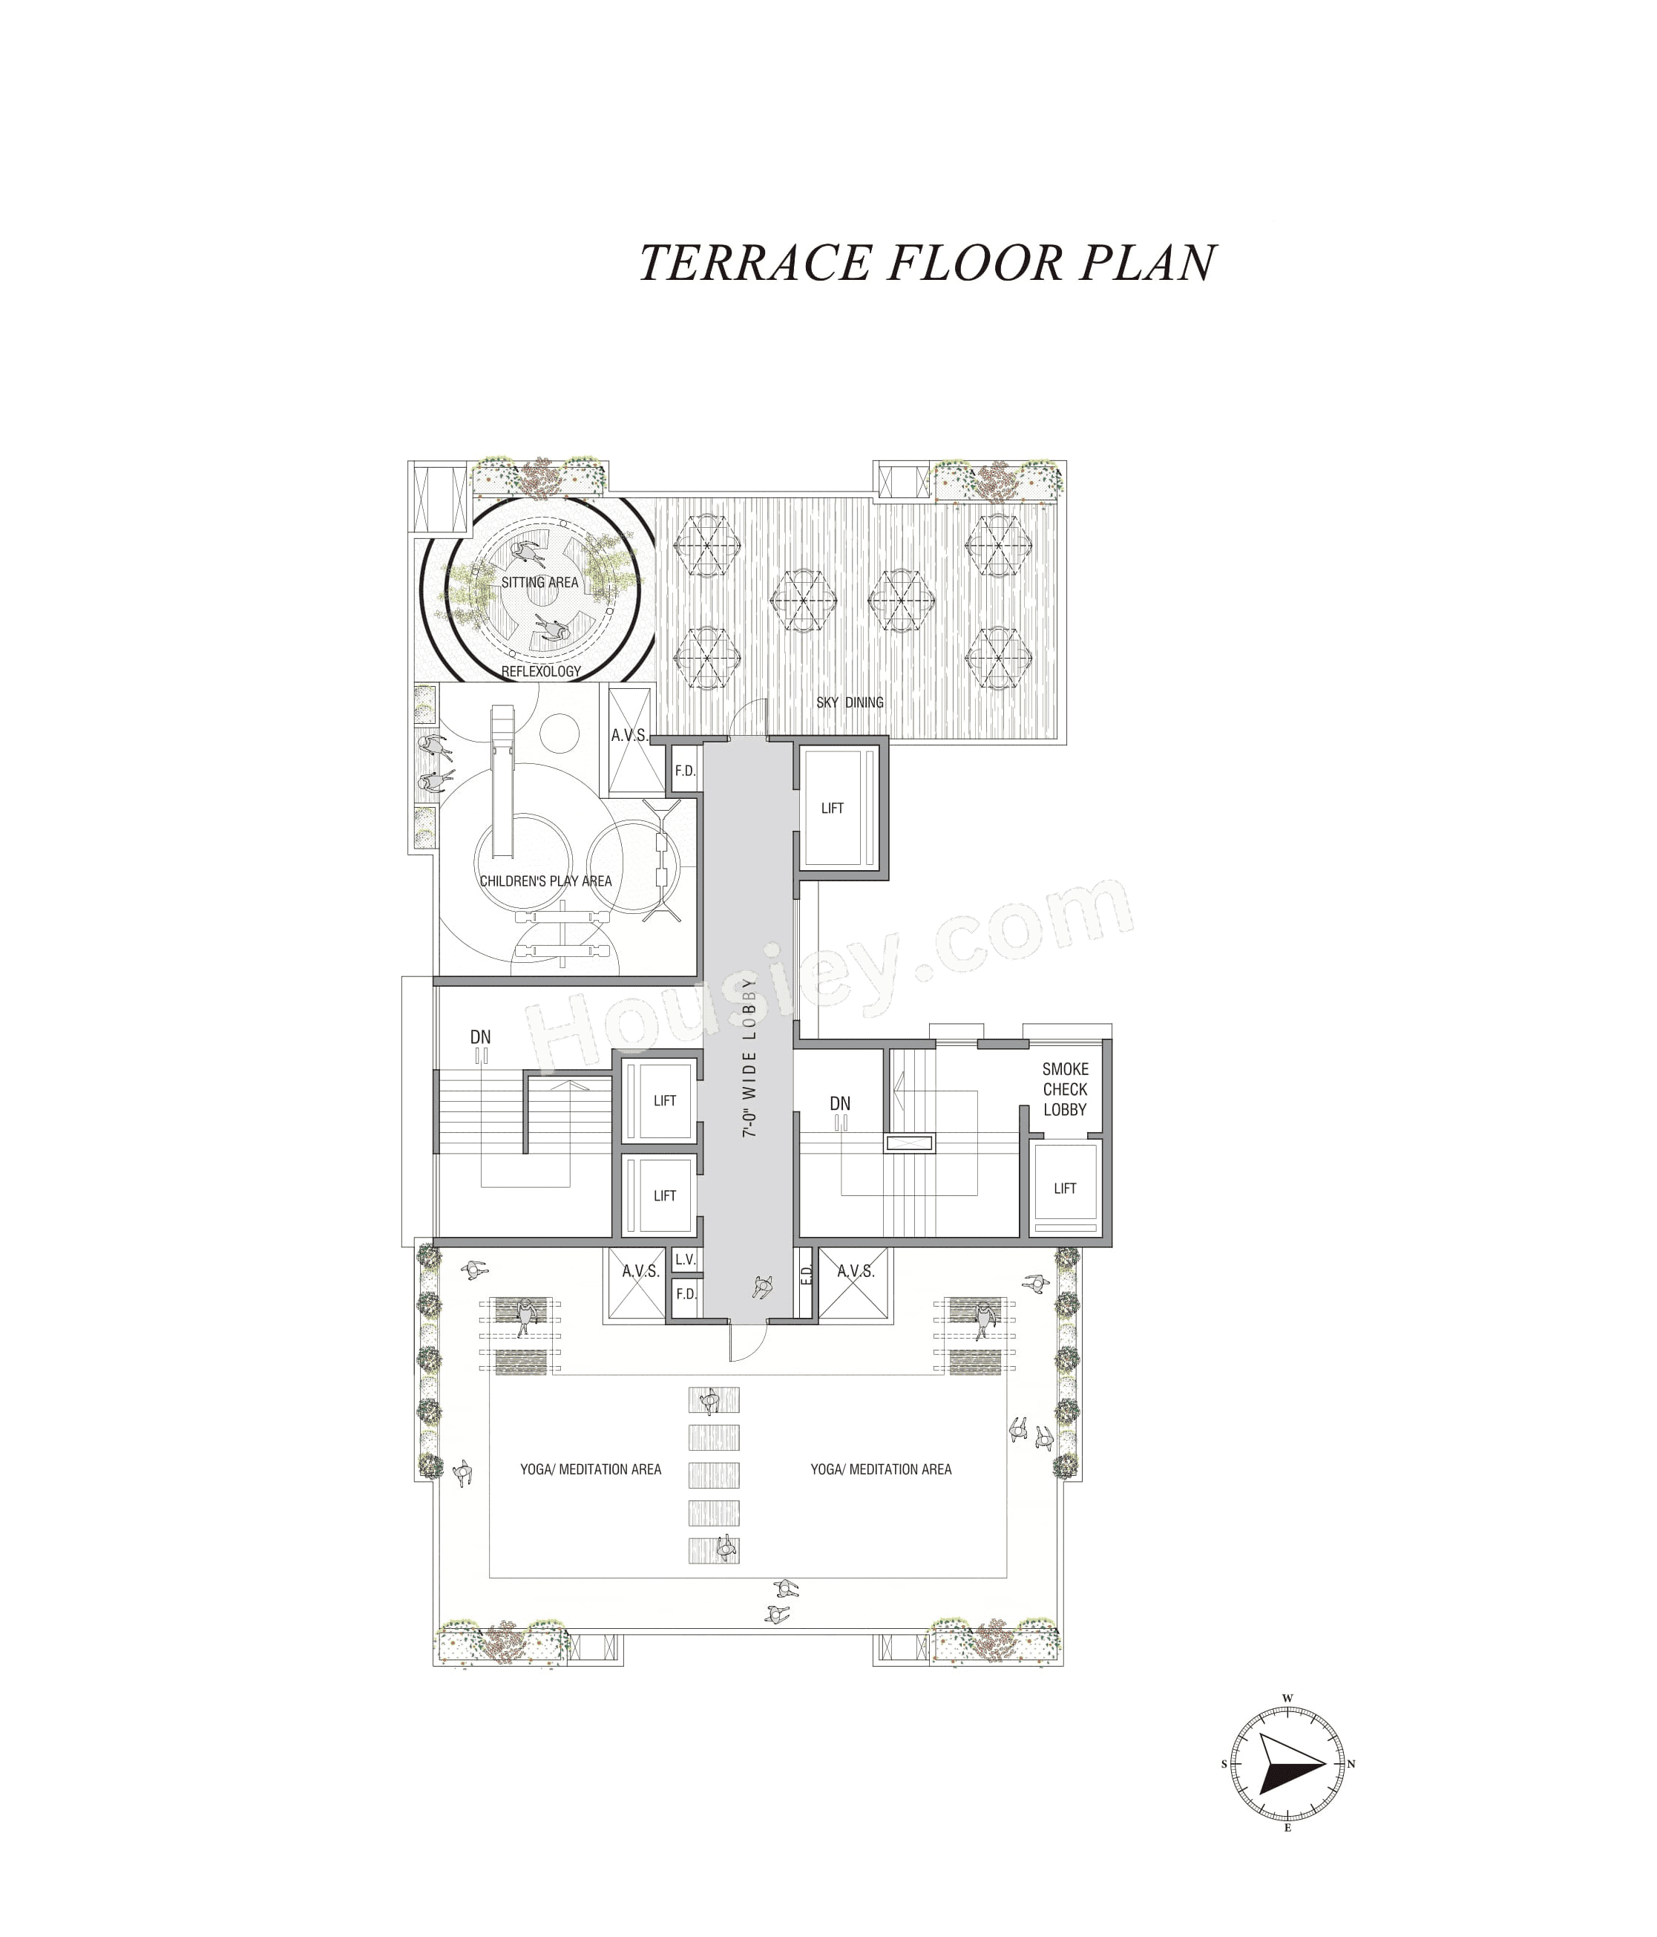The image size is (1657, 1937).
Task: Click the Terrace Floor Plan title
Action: click(x=927, y=263)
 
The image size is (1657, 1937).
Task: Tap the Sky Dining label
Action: click(x=849, y=702)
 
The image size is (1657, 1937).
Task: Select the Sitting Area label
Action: click(x=539, y=581)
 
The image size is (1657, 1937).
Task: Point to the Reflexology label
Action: click(x=540, y=671)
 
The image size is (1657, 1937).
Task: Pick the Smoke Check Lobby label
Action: click(x=1065, y=1089)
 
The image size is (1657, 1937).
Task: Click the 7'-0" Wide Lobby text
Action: click(x=749, y=1057)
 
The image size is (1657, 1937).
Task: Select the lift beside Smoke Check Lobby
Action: click(x=1065, y=1188)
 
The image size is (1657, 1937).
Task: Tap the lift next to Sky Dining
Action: click(x=832, y=808)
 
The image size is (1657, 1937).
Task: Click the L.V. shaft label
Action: click(x=685, y=1259)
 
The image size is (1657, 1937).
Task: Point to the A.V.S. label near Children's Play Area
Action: click(x=629, y=735)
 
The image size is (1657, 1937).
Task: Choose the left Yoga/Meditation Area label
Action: click(x=591, y=1469)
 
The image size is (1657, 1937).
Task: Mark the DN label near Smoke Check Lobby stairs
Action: click(x=839, y=1104)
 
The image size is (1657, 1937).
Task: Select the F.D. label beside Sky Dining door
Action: click(x=685, y=771)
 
